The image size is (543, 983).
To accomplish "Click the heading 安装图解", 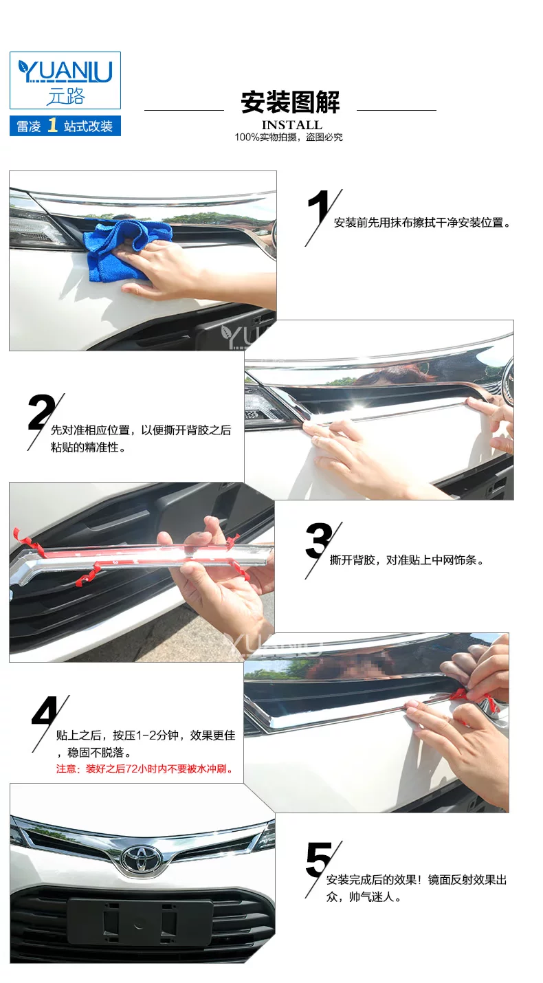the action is pos(290,102).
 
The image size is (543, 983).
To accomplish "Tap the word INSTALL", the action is pos(292,125).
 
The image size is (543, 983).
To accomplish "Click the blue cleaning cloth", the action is pos(127,250).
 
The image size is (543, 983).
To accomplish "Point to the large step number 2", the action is pos(41,412).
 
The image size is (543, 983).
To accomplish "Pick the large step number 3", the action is pos(320,540).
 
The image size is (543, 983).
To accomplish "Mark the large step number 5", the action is pos(320,860).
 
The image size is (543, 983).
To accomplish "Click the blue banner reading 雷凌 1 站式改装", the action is pos(65,126).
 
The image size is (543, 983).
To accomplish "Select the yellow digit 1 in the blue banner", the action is pos(53,125).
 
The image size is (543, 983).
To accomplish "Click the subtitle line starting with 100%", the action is pos(289,137).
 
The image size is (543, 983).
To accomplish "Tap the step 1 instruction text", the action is pos(422,223).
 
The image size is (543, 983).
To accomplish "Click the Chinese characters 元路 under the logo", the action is pos(65,96).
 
